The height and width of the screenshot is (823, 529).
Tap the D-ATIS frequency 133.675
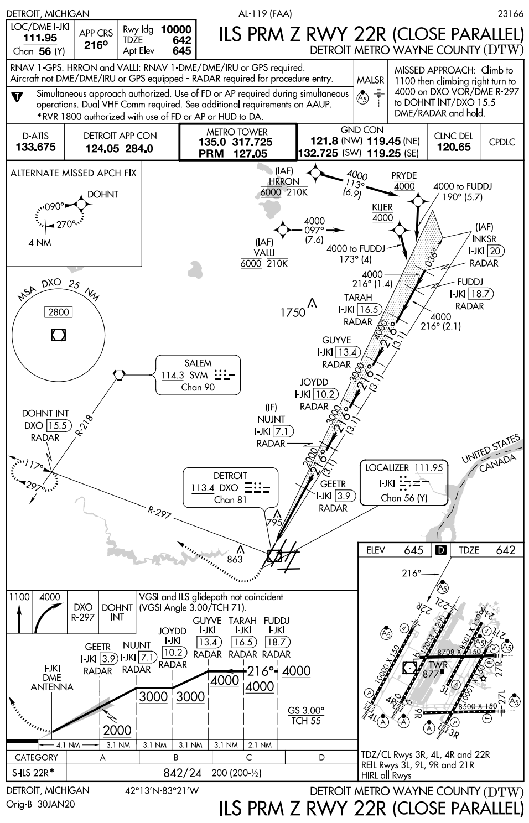point(35,147)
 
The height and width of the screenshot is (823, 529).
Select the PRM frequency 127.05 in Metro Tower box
point(251,154)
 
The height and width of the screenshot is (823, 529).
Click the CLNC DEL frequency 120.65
point(453,147)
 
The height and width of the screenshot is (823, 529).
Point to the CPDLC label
point(502,142)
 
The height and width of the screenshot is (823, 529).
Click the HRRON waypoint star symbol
point(314,175)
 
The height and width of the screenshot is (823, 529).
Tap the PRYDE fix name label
point(403,176)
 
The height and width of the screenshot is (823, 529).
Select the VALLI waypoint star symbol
point(283,229)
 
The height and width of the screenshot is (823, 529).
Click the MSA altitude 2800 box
point(59,312)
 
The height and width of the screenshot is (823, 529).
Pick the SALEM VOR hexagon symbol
point(118,374)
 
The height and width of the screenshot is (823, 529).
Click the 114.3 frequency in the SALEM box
point(173,376)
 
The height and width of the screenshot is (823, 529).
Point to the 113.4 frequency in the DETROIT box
point(203,488)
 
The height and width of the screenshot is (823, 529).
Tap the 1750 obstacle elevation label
point(293,313)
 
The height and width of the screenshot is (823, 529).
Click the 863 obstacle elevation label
point(235,559)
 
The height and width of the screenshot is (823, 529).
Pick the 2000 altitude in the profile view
point(117,730)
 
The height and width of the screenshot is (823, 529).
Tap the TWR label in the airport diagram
point(438,665)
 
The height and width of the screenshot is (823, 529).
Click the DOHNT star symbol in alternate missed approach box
point(81,205)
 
